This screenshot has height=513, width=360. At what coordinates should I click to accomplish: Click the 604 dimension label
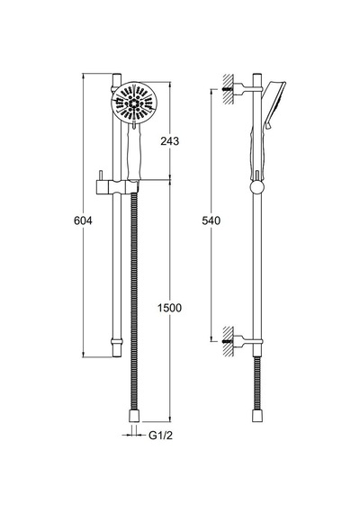point(83,220)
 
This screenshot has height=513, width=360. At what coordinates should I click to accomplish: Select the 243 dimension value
point(170,141)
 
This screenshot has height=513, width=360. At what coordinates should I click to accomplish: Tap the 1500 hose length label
point(169,308)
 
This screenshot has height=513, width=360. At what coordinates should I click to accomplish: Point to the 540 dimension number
point(211,220)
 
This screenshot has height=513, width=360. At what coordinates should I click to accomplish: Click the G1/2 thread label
point(160,435)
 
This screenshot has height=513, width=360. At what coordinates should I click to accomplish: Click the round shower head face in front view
point(134,102)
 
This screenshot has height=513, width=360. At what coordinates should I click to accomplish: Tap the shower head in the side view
point(274,104)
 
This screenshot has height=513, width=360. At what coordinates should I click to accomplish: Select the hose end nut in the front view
point(134,416)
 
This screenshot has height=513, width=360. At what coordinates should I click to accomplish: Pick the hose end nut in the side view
point(257,416)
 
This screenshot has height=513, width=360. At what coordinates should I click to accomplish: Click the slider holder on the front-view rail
point(117,187)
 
